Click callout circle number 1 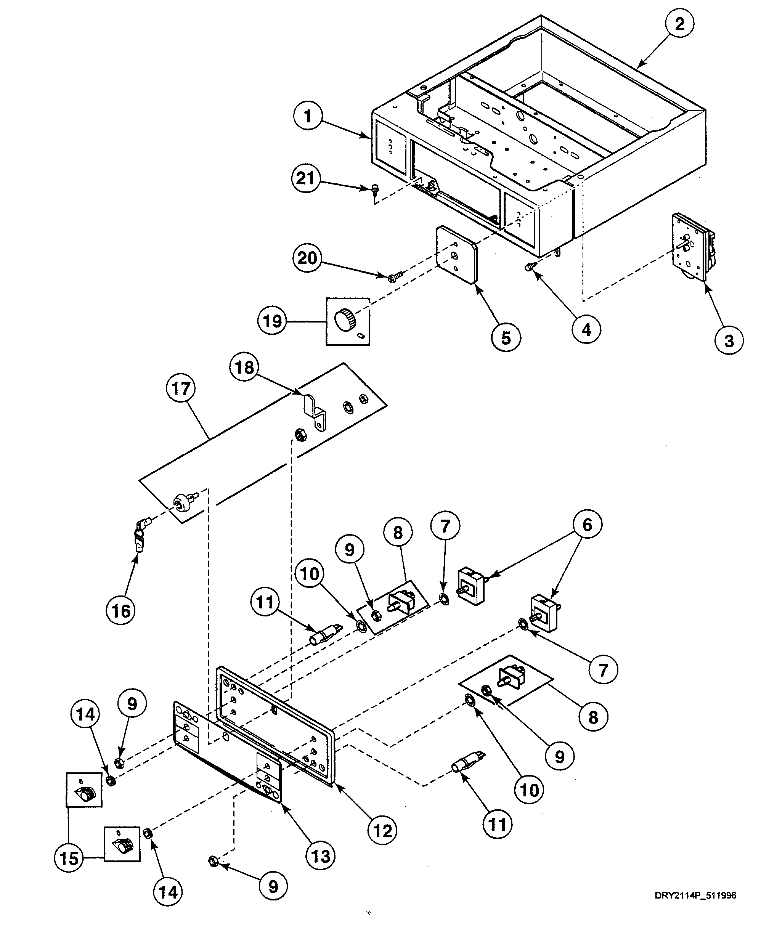point(307,116)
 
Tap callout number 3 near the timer point(729,340)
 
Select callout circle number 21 point(306,178)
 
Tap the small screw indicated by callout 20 point(396,277)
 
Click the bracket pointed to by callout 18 point(315,411)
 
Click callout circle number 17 point(181,388)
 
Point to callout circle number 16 point(121,611)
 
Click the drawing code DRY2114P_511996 point(695,895)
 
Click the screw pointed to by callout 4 point(529,266)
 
